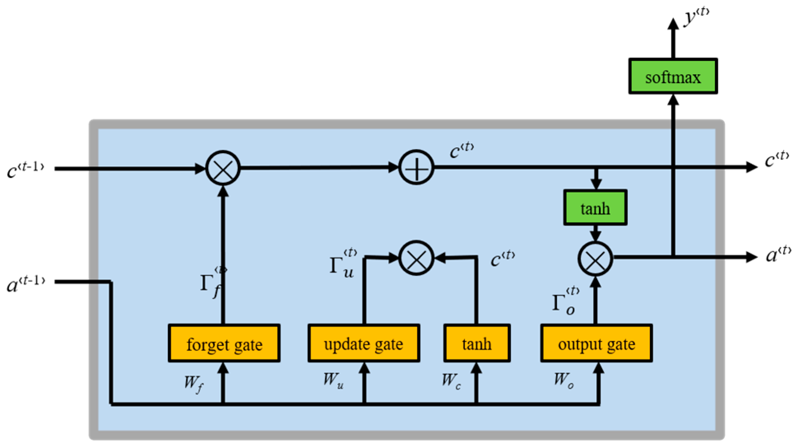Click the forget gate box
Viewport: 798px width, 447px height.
[x=224, y=343]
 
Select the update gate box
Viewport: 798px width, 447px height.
[x=364, y=343]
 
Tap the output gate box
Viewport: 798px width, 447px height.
[x=597, y=343]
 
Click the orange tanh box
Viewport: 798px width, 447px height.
[x=477, y=343]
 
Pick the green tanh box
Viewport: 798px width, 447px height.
[x=595, y=207]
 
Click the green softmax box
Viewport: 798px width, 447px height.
[x=673, y=76]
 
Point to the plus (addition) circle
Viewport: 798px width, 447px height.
[x=416, y=168]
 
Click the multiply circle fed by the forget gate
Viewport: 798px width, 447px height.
[x=223, y=168]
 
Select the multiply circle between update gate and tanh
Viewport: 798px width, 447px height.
[x=416, y=258]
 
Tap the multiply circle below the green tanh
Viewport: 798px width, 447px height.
[x=595, y=259]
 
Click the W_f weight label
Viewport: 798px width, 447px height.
[x=194, y=384]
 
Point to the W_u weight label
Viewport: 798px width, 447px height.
[x=333, y=380]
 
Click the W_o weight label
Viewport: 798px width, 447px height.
[x=564, y=380]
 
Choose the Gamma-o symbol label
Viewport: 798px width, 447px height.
[x=566, y=301]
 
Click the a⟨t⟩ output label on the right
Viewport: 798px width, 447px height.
[x=778, y=254]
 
